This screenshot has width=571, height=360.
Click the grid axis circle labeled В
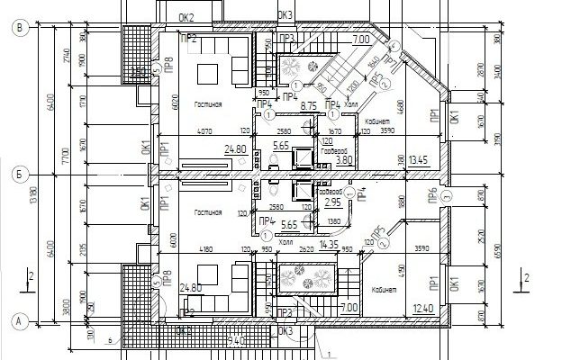tap(18, 28)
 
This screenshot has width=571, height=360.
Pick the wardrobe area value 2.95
tap(331, 203)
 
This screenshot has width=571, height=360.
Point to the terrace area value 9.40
tap(234, 339)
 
